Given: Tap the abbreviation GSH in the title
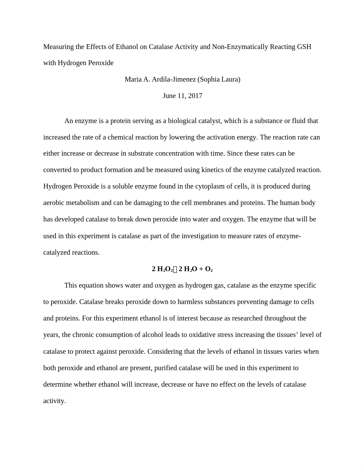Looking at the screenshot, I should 304,47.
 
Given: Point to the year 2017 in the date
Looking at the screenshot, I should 195,96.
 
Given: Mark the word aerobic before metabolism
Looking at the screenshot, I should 54,203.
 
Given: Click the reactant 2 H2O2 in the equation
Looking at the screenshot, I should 162,269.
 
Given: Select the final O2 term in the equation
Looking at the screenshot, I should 209,269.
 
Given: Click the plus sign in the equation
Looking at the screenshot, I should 201,269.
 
